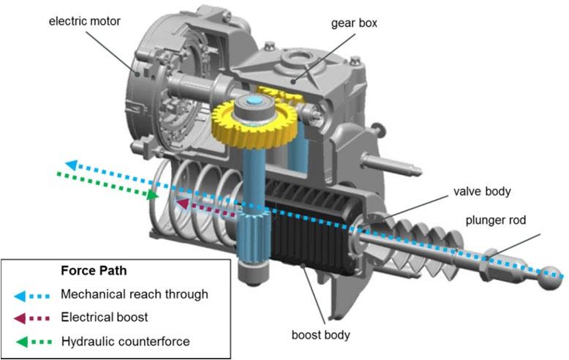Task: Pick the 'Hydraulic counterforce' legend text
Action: pos(124,342)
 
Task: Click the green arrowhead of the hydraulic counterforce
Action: pos(152,195)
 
